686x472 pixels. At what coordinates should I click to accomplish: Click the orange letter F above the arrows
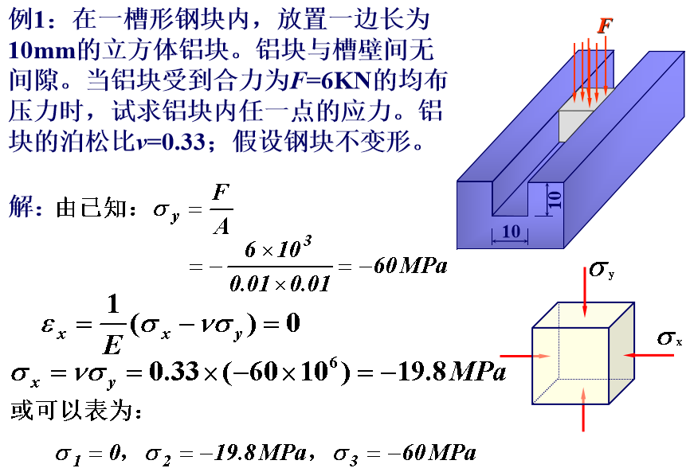coord(605,25)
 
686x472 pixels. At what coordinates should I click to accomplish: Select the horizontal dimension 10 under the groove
coord(511,231)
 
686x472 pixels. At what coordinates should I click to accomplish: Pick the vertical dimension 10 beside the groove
coord(555,199)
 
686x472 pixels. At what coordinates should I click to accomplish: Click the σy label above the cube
coord(602,269)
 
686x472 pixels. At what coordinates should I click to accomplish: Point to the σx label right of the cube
coord(669,337)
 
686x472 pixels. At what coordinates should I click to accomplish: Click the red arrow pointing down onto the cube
coord(585,292)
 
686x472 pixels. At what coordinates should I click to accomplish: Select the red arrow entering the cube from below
coord(583,409)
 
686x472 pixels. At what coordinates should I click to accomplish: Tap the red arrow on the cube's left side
coord(525,356)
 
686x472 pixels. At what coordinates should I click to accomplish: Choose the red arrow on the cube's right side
coord(649,355)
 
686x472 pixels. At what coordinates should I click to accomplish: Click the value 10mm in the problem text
coord(42,50)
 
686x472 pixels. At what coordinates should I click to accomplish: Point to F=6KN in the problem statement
coord(331,81)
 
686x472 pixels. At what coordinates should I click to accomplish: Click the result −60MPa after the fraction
coord(403,265)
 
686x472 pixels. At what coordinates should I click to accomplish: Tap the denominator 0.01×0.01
coord(280,284)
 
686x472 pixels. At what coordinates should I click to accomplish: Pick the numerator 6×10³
coord(278,248)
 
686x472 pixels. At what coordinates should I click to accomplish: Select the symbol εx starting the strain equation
coord(54,327)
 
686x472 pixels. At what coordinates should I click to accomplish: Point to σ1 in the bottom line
coord(69,454)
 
